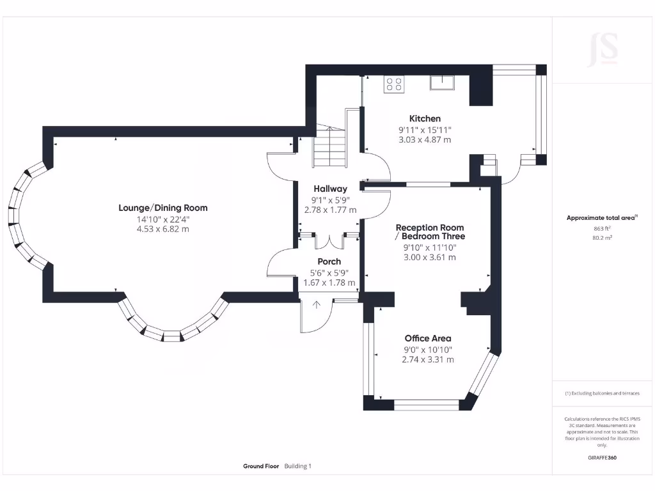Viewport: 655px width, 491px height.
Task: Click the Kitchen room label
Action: tap(425, 118)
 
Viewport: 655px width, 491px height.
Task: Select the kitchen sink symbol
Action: tap(442, 81)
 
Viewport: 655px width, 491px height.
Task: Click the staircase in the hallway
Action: tap(328, 146)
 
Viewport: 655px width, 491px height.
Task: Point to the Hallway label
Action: tap(330, 189)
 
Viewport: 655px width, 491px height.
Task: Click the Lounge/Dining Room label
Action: tap(163, 208)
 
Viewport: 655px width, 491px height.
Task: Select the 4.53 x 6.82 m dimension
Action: tap(163, 229)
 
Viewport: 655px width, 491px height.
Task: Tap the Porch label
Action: tap(329, 261)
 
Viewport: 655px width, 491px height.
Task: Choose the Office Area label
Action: tap(428, 338)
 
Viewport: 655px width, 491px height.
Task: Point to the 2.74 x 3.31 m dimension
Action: tap(428, 360)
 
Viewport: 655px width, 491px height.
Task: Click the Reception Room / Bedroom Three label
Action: tap(430, 232)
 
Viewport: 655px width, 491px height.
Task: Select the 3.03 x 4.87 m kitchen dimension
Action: tap(425, 139)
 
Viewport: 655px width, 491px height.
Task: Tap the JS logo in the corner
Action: tap(603, 49)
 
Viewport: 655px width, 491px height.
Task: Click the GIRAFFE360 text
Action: tap(602, 458)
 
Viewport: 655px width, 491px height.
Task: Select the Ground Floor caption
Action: tap(261, 466)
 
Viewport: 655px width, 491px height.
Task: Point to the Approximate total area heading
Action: tap(601, 218)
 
